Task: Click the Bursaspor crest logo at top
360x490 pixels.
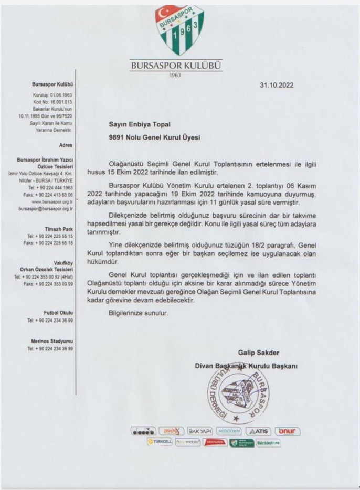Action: pyautogui.click(x=179, y=30)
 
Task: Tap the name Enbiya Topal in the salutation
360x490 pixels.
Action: pyautogui.click(x=145, y=124)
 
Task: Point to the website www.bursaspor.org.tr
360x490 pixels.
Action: pyautogui.click(x=52, y=201)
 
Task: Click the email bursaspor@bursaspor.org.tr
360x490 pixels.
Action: pyautogui.click(x=46, y=208)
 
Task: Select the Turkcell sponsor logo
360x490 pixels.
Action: pyautogui.click(x=160, y=442)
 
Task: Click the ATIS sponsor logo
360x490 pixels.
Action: pyautogui.click(x=259, y=431)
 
